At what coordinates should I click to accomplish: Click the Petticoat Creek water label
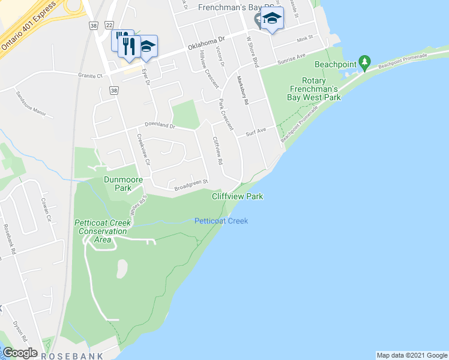221,221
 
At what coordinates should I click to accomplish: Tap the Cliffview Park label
237,196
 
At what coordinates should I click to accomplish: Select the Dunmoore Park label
125,183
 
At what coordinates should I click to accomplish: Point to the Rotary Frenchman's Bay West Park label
313,89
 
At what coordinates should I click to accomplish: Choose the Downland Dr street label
159,126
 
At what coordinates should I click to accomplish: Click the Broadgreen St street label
190,183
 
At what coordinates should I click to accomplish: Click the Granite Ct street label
91,76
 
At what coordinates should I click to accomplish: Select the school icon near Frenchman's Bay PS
272,19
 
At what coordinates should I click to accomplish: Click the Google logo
20,353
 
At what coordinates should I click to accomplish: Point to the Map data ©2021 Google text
411,355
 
